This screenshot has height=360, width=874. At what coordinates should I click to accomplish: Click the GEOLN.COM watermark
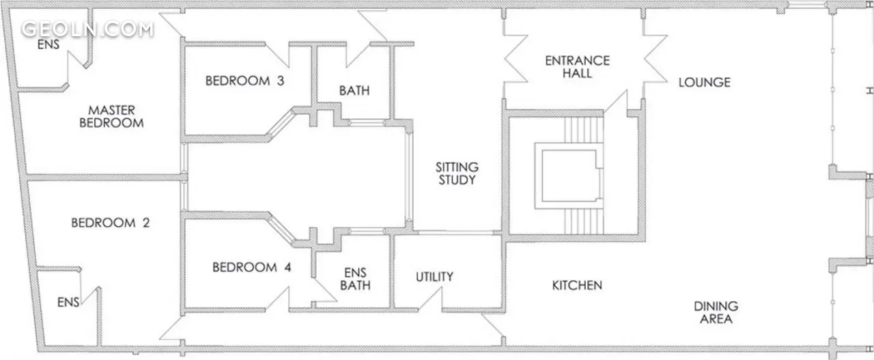87,29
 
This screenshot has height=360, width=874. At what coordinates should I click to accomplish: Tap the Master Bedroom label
111,116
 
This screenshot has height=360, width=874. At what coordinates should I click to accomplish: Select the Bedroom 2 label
111,223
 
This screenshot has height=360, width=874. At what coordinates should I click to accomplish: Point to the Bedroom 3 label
244,81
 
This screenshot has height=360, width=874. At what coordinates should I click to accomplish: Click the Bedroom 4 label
252,268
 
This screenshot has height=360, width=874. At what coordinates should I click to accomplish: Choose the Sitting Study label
457,174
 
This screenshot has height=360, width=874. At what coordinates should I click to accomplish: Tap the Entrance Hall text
577,67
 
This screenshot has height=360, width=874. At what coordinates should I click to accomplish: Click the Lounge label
704,83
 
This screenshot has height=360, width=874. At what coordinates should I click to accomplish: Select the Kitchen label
577,286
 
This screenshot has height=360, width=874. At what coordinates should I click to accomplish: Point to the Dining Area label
716,312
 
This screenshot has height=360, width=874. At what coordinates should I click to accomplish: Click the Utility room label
434,277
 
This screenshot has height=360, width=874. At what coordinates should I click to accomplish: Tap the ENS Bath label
355,279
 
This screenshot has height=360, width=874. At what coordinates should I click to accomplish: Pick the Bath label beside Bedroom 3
354,91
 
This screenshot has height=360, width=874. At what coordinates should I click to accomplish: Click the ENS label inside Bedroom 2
68,302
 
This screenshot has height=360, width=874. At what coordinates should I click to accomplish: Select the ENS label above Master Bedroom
48,44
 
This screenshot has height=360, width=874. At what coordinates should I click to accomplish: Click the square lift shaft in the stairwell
569,176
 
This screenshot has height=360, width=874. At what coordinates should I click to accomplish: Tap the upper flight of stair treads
584,130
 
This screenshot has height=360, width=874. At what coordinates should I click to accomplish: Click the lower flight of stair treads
584,221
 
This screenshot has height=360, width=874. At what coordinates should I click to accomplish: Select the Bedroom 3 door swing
277,55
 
